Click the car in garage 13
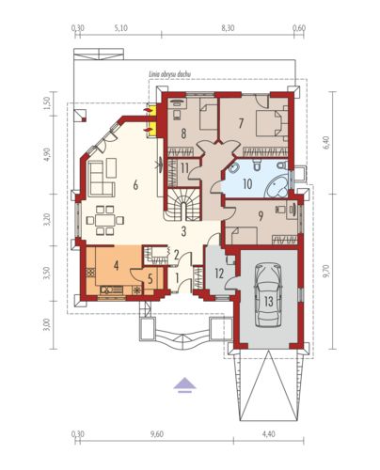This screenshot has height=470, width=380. coord(268,295)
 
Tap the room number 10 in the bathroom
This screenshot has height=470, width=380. coord(247,184)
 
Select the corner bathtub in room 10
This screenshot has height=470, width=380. coord(277,186)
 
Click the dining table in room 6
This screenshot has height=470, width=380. coord(105,220)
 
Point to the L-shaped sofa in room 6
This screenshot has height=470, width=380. coord(102,178)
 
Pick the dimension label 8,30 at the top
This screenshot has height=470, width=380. coord(228,28)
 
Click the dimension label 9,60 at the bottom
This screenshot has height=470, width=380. coord(157,434)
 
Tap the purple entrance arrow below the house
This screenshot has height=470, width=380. coord(184,384)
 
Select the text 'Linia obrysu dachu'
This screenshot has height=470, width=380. coord(169,74)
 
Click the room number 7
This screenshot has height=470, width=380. coord(241,123)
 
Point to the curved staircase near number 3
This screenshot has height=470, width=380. coord(183,205)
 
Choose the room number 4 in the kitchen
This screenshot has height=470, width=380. coord(117,265)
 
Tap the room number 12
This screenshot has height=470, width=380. coord(219,274)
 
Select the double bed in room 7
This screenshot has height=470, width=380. coord(272,123)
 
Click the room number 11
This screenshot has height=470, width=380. coord(184,168)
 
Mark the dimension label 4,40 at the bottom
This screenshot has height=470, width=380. coord(269,434)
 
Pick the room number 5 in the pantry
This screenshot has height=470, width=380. coord(150,279)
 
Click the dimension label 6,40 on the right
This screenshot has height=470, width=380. coord(326,143)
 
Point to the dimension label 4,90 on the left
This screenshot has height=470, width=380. coord(47,155)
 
